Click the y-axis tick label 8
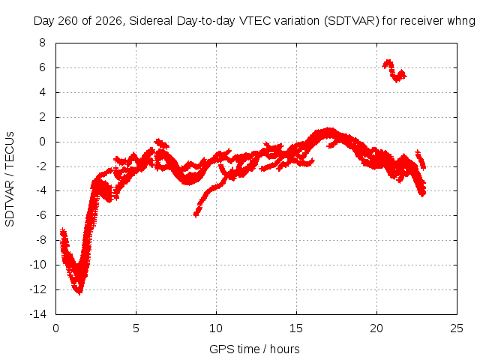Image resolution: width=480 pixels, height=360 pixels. pos(42,43)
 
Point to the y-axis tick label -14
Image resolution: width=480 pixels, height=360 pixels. pos(38,313)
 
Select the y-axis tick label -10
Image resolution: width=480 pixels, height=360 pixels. pos(38,265)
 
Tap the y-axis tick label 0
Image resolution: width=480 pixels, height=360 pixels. pos(42,142)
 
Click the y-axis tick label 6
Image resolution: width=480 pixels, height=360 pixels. pos(42,67)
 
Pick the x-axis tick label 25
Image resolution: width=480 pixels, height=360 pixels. pos(457,328)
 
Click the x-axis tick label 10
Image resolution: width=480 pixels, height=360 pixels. pos(216,328)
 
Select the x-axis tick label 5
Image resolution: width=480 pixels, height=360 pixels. pos(136,328)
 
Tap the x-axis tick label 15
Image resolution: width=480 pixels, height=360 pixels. pos(296,328)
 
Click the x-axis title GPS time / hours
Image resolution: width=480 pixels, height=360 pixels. pos(254,349)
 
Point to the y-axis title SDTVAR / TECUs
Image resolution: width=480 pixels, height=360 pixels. pos(10,179)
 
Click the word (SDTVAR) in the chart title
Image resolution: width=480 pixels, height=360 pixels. pos(352,21)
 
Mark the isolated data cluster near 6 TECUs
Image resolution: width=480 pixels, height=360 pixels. pos(393,70)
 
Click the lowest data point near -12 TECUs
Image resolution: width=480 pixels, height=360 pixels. pos(79,292)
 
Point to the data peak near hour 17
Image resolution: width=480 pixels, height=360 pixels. pos(328,130)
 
